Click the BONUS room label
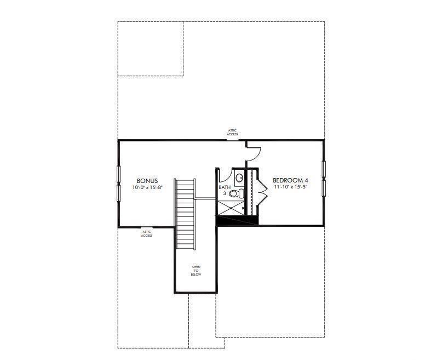147,181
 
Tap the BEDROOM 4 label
290,180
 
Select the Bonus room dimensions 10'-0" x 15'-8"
147,187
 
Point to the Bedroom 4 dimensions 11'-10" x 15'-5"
290,187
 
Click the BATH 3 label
225,190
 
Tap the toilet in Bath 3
237,194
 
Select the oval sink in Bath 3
239,178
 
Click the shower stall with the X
230,208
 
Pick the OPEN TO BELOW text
196,271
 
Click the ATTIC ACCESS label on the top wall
233,133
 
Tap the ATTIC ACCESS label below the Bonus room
147,233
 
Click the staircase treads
185,214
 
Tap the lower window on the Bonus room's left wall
118,193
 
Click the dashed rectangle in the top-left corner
150,49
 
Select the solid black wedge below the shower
237,220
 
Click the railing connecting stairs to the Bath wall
206,198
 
